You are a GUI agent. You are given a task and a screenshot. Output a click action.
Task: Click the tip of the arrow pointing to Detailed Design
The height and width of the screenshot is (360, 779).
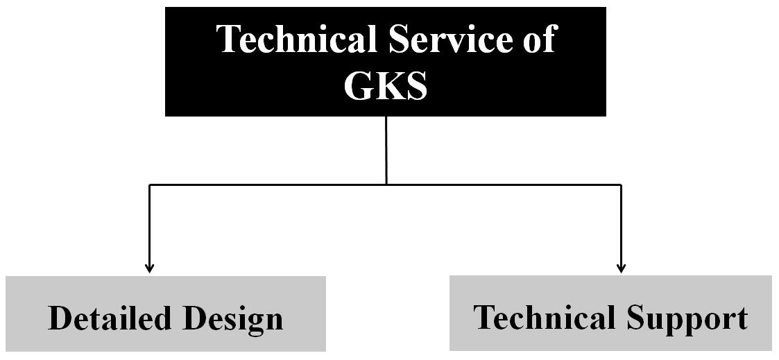pos(149,273)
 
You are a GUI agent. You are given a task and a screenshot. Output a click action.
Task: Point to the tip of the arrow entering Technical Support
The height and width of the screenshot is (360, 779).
pos(621,273)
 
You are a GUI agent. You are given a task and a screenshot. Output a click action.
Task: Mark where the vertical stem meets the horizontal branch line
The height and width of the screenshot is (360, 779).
pos(386,185)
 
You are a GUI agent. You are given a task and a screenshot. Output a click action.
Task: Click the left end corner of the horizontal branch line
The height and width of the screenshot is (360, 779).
pos(149,185)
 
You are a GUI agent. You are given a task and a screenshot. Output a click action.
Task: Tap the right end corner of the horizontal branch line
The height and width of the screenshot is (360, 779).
pos(621,185)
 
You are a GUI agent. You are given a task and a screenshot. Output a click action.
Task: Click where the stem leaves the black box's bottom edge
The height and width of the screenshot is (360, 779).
pos(386,117)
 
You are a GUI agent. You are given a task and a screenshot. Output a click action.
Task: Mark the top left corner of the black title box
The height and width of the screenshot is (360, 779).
pos(165,7)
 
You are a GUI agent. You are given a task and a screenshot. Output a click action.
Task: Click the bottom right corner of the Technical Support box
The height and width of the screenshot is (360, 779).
pos(771,350)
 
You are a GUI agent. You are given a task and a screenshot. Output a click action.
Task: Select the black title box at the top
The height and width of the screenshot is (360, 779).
pos(386,62)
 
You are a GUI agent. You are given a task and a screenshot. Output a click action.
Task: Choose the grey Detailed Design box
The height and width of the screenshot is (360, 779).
pos(166,314)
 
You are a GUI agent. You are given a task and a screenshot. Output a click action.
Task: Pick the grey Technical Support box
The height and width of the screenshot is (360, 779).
pos(610,314)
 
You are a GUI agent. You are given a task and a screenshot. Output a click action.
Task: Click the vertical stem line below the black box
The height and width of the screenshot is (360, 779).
pos(386,151)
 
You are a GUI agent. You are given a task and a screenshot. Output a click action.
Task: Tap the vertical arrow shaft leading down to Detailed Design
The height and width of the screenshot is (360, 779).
pos(149,228)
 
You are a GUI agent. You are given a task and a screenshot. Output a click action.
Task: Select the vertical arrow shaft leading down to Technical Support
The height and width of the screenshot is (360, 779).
pos(621,228)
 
